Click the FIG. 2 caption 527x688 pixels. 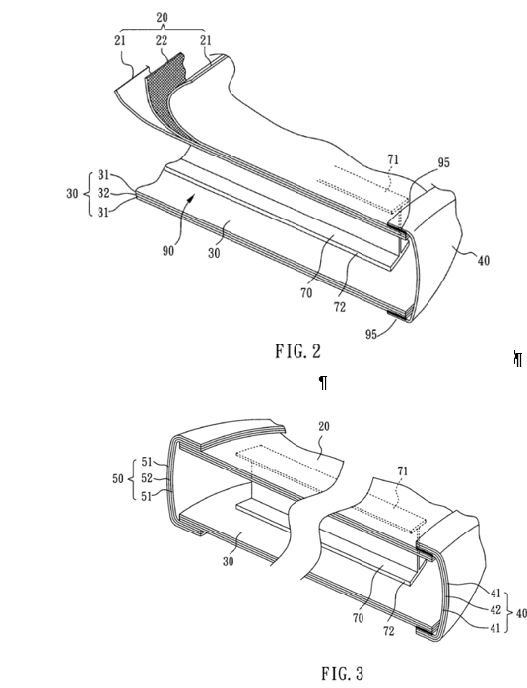pyautogui.click(x=298, y=351)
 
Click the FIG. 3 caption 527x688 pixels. pyautogui.click(x=343, y=673)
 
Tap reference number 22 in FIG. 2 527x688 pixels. pyautogui.click(x=162, y=40)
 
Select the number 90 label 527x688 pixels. pyautogui.click(x=168, y=251)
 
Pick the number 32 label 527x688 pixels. pyautogui.click(x=103, y=193)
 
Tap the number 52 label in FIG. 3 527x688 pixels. pyautogui.click(x=147, y=478)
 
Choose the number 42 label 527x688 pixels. pyautogui.click(x=495, y=610)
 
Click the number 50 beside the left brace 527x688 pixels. pyautogui.click(x=118, y=478)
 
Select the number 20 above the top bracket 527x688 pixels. pyautogui.click(x=163, y=18)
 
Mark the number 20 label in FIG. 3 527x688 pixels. pyautogui.click(x=324, y=426)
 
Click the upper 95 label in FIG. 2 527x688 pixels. pyautogui.click(x=444, y=162)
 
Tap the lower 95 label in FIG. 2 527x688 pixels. pyautogui.click(x=371, y=334)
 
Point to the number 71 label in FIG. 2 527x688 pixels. pyautogui.click(x=393, y=159)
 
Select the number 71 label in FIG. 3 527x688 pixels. pyautogui.click(x=403, y=471)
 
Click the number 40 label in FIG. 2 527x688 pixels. pyautogui.click(x=483, y=261)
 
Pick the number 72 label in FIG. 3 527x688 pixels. pyautogui.click(x=389, y=631)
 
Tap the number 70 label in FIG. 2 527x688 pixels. pyautogui.click(x=306, y=293)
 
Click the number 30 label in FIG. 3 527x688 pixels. pyautogui.click(x=228, y=561)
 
